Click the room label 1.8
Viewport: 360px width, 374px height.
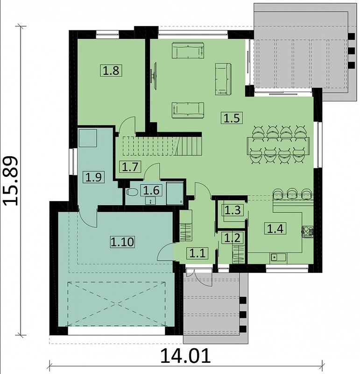[x=111, y=71]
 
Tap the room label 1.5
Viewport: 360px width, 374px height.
[x=232, y=118]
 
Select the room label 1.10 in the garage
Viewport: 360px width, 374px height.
[x=122, y=242]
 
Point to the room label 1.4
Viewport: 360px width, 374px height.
[x=275, y=229]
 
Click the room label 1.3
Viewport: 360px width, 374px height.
[x=233, y=210]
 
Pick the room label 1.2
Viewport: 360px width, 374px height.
[x=233, y=237]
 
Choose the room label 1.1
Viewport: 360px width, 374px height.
[x=198, y=253]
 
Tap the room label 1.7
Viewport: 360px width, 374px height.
[x=131, y=166]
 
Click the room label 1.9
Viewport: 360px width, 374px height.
[x=94, y=177]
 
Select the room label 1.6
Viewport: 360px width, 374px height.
[x=152, y=190]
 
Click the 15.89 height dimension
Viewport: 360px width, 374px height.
[x=11, y=181]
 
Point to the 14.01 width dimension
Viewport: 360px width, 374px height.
[x=185, y=356]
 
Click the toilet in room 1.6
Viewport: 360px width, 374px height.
[x=132, y=192]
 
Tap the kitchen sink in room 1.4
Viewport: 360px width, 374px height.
[x=278, y=258]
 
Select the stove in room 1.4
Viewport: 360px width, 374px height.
[x=308, y=231]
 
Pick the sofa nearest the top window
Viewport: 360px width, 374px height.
[x=188, y=50]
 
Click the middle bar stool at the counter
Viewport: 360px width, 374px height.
[x=292, y=194]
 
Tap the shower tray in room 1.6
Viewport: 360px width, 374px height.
[x=175, y=193]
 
